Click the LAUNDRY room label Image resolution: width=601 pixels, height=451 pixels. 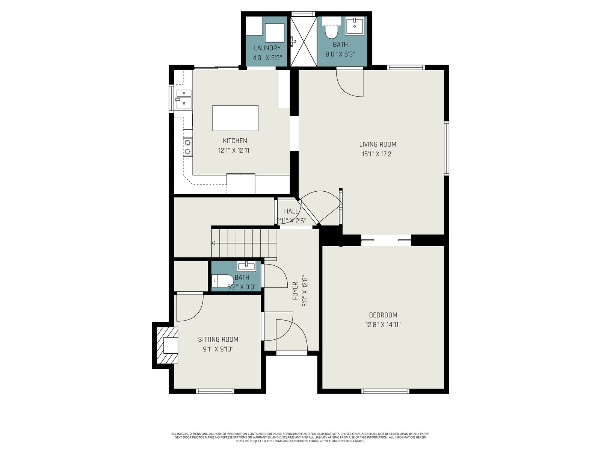click(267, 48)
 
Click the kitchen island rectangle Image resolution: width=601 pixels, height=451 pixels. click(235, 118)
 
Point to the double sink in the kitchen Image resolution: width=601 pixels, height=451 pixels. click(183, 99)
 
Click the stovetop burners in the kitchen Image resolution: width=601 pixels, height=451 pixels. click(188, 147)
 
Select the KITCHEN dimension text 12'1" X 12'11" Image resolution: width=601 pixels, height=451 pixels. click(235, 150)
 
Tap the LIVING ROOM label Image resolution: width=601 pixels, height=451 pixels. click(378, 144)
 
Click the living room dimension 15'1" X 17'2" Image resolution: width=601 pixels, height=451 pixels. click(378, 154)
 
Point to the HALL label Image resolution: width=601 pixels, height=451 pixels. click(291, 211)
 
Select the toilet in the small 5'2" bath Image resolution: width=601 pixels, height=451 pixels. click(223, 281)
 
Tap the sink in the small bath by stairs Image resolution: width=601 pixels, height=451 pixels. click(246, 266)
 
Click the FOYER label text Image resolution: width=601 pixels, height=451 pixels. click(295, 291)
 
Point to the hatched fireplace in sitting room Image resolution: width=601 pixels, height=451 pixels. click(165, 345)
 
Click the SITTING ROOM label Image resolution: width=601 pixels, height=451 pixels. click(218, 339)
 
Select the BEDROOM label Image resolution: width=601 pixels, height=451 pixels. click(383, 315)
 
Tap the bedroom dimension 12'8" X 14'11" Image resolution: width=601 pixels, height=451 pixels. click(383, 325)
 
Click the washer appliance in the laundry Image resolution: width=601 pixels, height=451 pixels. click(274, 33)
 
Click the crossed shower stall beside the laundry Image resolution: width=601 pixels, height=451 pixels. click(304, 41)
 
